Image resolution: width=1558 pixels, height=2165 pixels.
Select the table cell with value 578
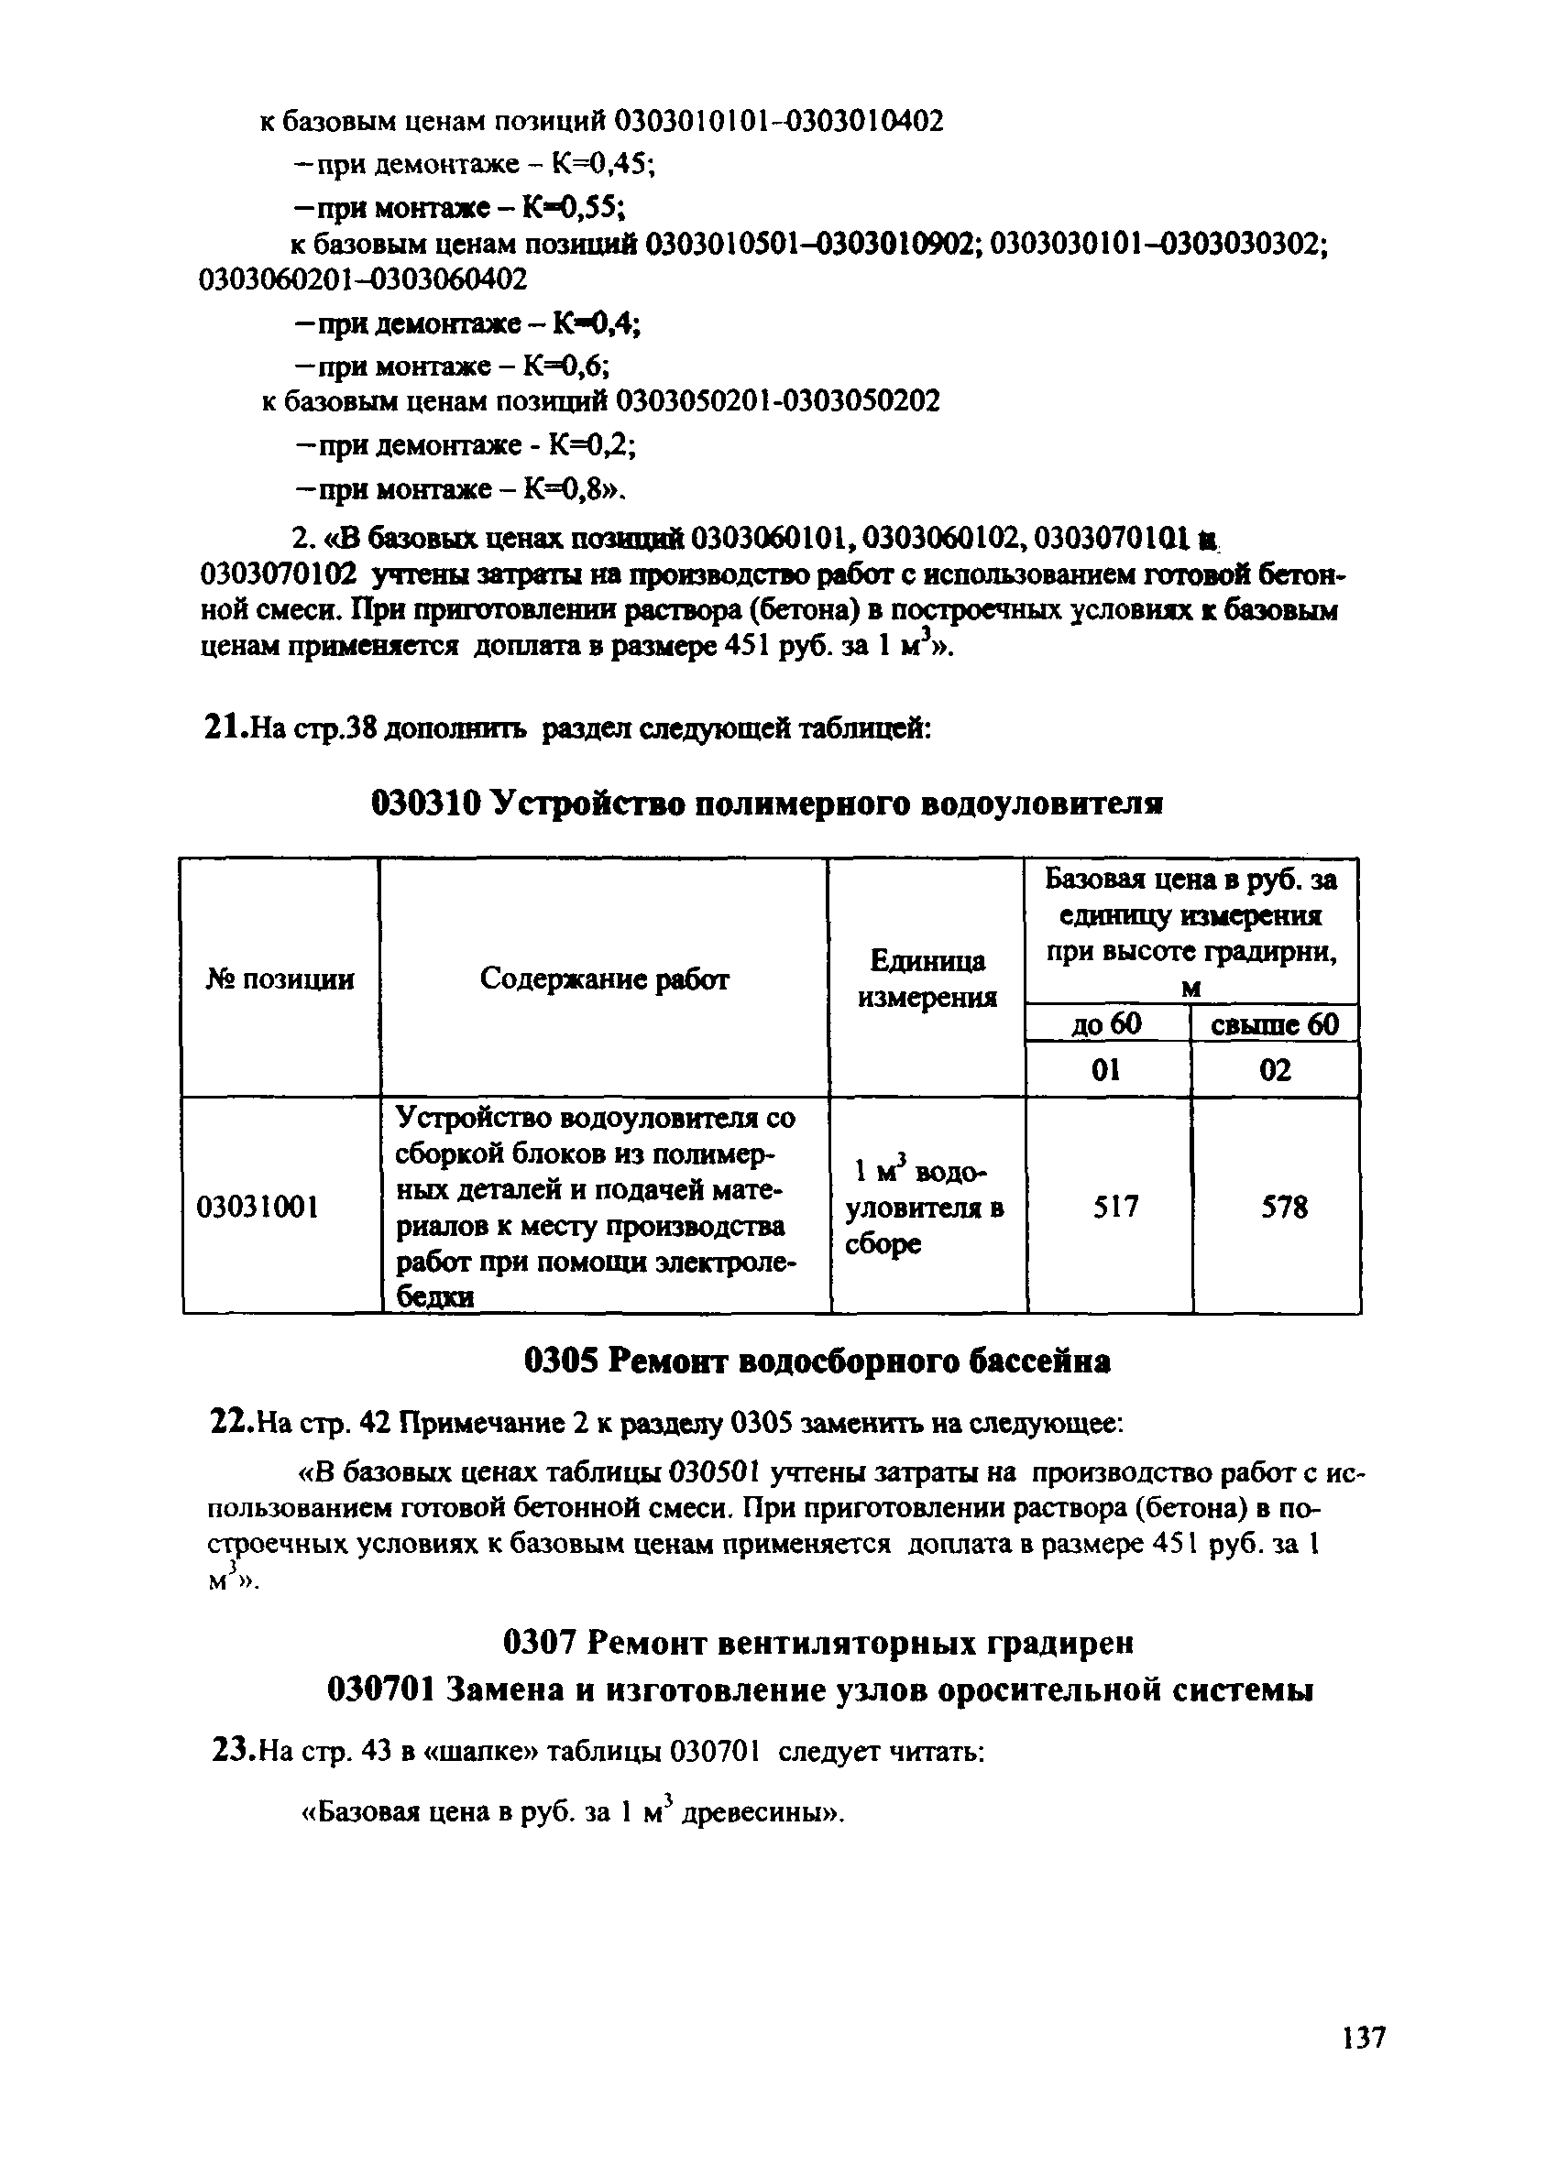coord(1284,1208)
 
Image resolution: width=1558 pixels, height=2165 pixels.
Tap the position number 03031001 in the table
coord(257,1208)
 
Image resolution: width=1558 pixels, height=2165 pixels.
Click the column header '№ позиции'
coord(280,979)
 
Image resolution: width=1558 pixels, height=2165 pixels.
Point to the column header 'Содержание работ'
coord(604,979)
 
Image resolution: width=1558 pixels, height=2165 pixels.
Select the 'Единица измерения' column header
coord(927,979)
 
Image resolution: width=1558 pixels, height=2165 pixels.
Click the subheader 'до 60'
coord(1105,1024)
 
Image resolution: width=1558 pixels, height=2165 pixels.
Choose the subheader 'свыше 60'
coord(1275,1024)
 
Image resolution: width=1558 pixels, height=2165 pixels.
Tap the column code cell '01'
coord(1105,1070)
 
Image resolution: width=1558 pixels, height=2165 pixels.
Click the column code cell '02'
coord(1275,1070)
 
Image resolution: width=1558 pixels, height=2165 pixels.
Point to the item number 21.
coord(225,729)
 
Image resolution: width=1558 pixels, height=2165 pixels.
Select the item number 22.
coord(229,1424)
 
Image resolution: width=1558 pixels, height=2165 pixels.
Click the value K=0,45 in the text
coord(600,164)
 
